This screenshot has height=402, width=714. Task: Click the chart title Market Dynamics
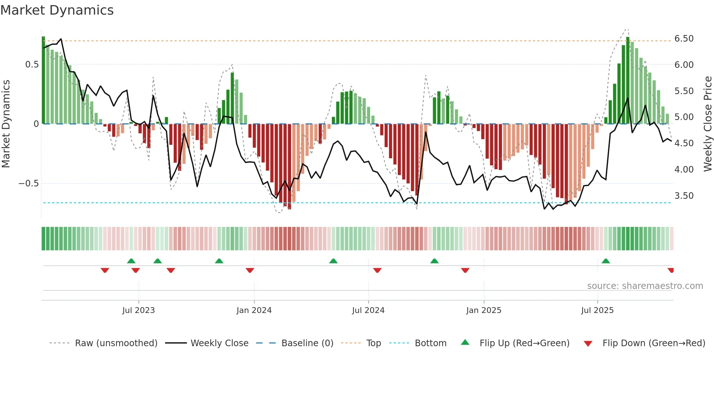(x=57, y=10)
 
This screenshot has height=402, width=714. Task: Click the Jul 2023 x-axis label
(x=138, y=310)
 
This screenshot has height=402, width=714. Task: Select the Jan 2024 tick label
(x=254, y=310)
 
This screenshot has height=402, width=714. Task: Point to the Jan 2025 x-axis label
(x=484, y=310)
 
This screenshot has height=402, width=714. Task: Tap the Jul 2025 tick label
(x=597, y=310)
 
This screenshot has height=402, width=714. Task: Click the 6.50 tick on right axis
(x=684, y=39)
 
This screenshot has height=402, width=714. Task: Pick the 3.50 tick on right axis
(x=684, y=196)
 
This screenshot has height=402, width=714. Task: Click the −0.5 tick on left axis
(x=28, y=183)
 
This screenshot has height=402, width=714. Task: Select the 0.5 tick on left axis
(x=32, y=65)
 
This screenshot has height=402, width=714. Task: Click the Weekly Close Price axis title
(x=707, y=124)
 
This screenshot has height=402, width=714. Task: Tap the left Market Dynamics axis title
(x=6, y=124)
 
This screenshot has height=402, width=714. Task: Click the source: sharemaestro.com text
(x=645, y=286)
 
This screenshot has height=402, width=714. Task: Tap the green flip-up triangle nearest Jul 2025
(x=606, y=261)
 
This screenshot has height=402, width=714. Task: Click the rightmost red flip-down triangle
(x=671, y=270)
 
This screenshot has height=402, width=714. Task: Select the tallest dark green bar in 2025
(x=628, y=80)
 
